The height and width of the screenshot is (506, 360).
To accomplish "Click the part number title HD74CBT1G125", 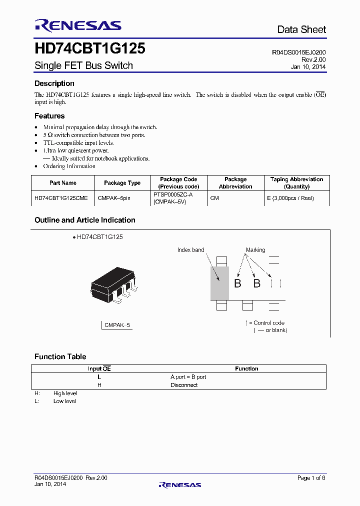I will click(90, 48).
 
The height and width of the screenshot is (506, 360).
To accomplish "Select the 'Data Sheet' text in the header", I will click(301, 29).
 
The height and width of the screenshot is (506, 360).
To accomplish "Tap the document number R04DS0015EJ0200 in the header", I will click(299, 52).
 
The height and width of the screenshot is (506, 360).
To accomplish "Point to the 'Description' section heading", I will click(54, 83).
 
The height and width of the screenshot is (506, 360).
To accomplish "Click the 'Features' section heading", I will click(49, 116).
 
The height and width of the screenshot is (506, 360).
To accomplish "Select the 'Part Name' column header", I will click(63, 183).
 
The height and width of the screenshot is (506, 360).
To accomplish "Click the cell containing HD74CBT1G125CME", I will click(61, 198).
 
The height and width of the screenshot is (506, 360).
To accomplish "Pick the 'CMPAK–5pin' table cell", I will click(114, 198).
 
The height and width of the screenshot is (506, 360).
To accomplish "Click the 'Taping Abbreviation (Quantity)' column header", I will click(296, 183).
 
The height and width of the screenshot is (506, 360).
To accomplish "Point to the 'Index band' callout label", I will click(190, 250).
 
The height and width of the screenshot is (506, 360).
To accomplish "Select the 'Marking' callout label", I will click(255, 250).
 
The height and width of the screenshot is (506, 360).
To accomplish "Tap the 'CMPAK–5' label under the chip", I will click(117, 325).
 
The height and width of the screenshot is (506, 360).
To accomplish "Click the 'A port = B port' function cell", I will click(188, 377).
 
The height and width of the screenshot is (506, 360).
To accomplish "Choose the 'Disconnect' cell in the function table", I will click(184, 385).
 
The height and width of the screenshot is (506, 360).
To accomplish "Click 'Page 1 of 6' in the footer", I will click(311, 478).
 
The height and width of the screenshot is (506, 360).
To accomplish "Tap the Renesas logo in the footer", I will click(180, 484).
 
